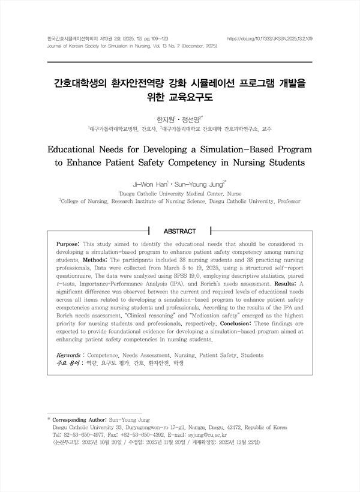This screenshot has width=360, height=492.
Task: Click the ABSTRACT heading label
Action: (179, 231)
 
